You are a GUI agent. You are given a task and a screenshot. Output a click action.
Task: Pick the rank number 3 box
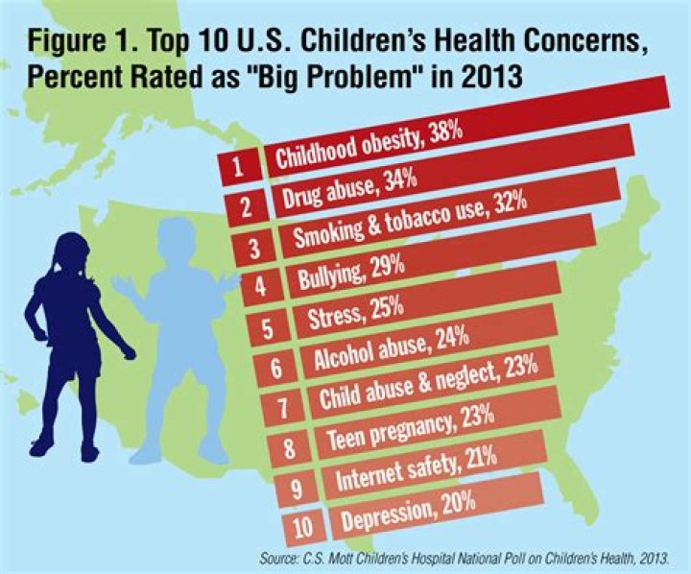pos(254,247)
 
